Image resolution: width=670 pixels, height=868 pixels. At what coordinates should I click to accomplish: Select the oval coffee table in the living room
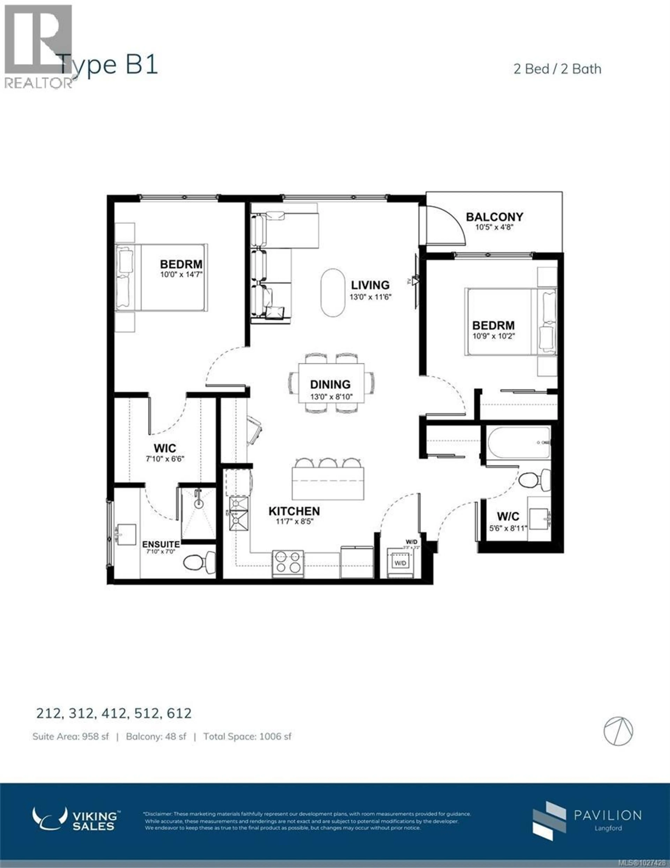(x=333, y=293)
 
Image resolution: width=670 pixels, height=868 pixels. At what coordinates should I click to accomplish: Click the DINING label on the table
(x=330, y=384)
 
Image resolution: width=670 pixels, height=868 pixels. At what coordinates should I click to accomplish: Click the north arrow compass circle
(x=618, y=731)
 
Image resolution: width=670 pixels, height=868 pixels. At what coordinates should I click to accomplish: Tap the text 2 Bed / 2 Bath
(x=557, y=69)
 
